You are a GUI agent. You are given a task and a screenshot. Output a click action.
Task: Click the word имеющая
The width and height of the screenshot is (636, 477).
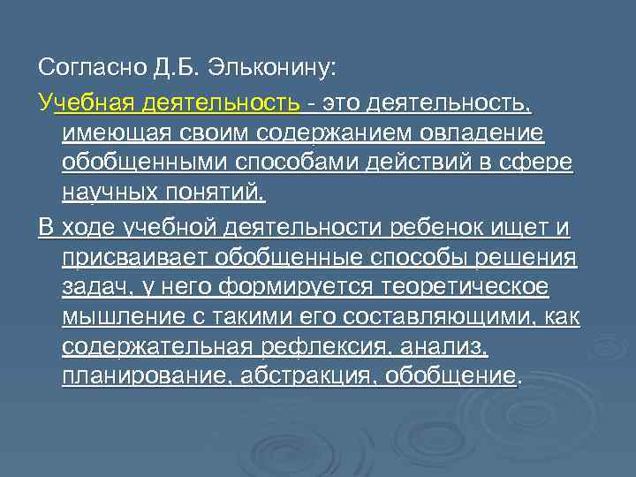pos(110,134)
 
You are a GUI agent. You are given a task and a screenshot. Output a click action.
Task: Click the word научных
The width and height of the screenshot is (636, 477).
pos(109,193)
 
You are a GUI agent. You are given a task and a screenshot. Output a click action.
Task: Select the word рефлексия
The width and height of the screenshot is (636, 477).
pos(352,346)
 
